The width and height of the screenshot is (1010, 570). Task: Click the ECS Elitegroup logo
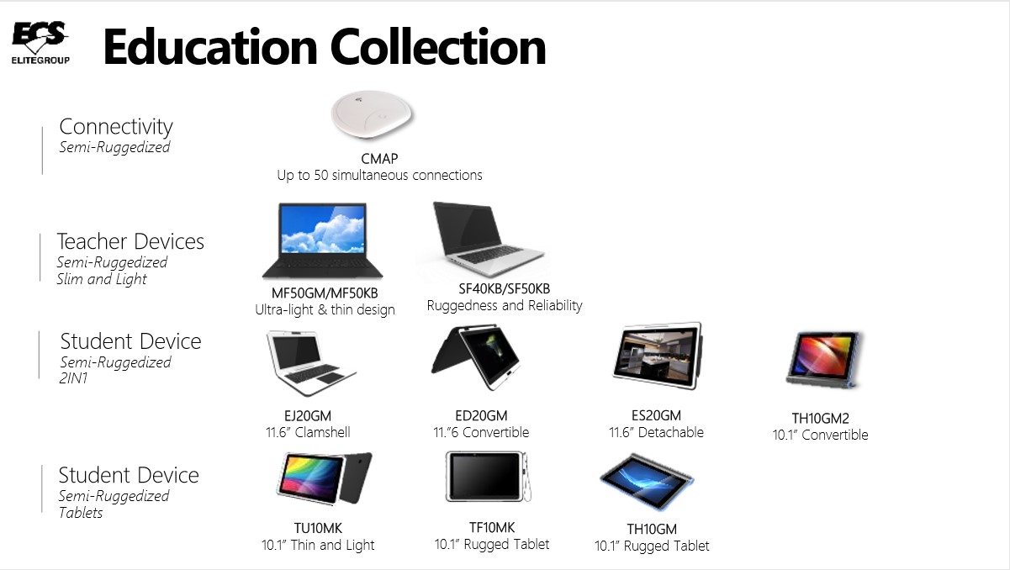[x=40, y=43]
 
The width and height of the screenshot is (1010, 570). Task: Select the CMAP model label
[x=379, y=159]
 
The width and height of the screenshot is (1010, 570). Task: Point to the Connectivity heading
[x=116, y=127]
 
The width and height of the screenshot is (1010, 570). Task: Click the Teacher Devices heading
[x=130, y=242]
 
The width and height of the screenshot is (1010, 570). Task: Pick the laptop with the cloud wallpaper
[x=323, y=241]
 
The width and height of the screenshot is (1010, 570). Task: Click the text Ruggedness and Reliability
[x=505, y=306]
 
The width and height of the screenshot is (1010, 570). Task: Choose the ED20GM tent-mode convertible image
[x=476, y=359]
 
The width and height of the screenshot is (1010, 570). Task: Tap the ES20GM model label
[x=656, y=415]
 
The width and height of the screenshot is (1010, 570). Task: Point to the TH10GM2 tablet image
[x=823, y=359]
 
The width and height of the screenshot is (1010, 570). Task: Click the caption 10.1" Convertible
[x=820, y=435]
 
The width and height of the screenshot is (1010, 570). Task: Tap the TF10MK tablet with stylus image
[x=489, y=478]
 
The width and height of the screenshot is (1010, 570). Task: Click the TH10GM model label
[x=652, y=530]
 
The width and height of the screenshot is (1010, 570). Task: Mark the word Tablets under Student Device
[x=81, y=513]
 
